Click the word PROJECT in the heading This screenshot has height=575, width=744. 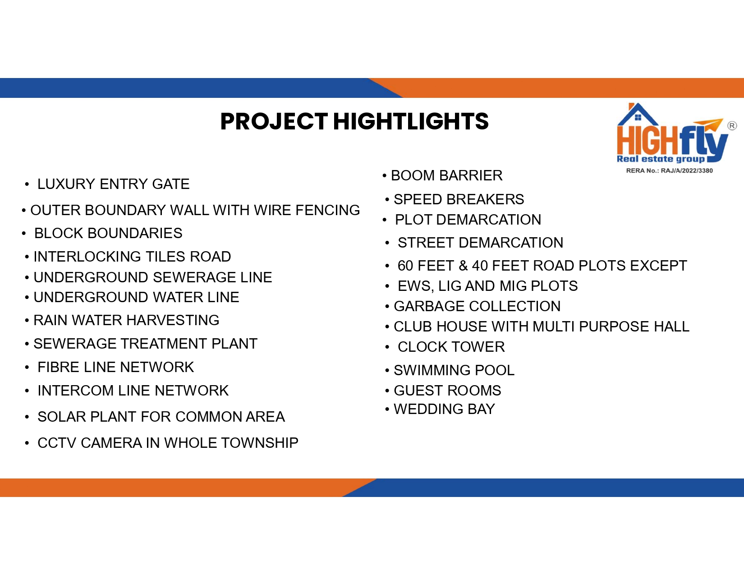coord(274,122)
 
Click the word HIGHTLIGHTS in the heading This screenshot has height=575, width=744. coord(411,122)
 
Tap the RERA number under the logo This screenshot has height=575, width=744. coord(669,170)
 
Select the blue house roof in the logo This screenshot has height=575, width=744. coord(638,114)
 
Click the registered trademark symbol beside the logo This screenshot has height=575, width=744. coord(732,126)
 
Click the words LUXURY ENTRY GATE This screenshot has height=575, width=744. coord(113,184)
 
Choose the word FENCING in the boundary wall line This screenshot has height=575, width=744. coord(328,210)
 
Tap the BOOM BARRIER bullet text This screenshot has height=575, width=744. coord(447,176)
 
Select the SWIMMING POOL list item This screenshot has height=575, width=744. coord(454,370)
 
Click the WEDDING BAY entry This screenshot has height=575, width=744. coord(445,409)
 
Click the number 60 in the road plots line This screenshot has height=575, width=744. coord(405,266)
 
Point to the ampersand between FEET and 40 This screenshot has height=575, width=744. coord(463,266)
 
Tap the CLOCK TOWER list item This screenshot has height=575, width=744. coord(451,347)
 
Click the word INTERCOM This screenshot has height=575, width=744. coord(76,391)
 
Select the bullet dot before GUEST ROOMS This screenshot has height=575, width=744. coord(387,391)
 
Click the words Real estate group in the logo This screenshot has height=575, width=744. coord(661,159)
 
